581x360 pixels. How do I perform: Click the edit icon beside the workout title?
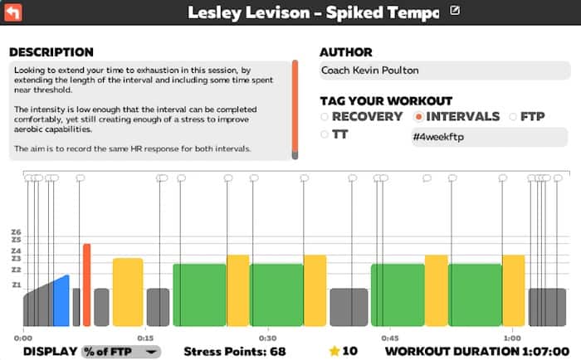point(454,11)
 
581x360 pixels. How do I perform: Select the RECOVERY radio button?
point(324,117)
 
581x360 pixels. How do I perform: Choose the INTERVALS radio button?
point(418,117)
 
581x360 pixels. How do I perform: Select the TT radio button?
point(324,134)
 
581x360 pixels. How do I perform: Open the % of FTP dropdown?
point(121,351)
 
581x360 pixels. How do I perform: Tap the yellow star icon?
point(334,351)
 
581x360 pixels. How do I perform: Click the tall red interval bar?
point(86,285)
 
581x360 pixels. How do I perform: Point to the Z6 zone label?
point(16,232)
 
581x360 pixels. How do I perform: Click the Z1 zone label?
point(16,285)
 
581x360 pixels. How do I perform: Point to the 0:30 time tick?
point(267,338)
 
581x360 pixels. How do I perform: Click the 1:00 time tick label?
point(512,338)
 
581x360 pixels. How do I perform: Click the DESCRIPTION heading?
point(51,52)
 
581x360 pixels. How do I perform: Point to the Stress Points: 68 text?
point(234,351)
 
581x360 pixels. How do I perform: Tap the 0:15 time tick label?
point(145,338)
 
